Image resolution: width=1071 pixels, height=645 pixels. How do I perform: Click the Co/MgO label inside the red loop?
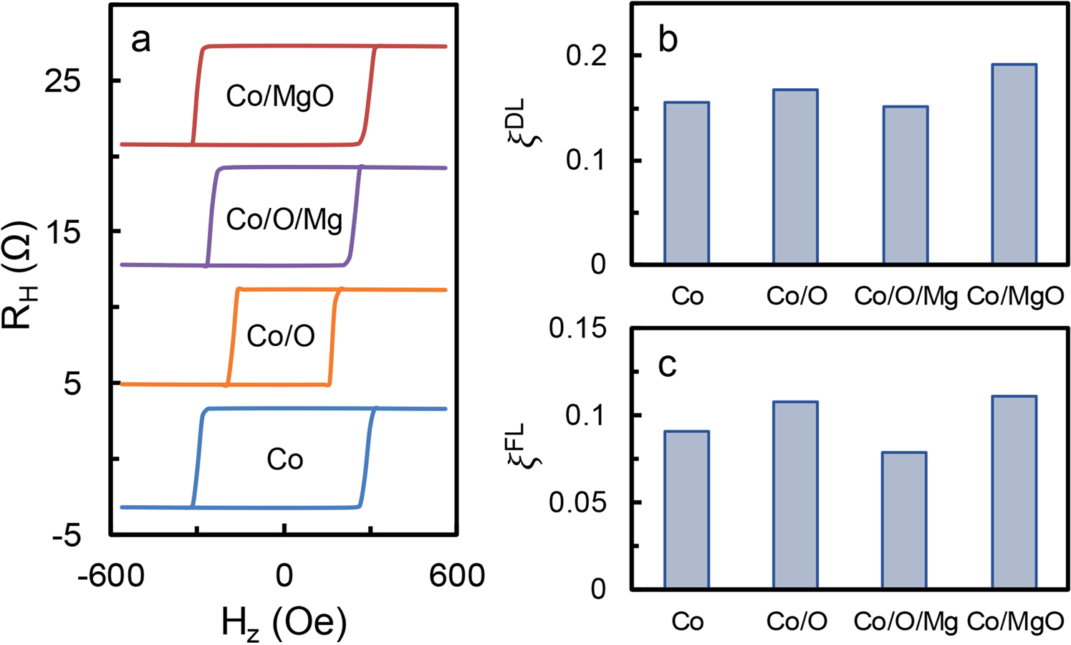[x=280, y=96]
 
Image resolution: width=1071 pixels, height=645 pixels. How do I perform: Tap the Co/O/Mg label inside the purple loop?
[x=284, y=219]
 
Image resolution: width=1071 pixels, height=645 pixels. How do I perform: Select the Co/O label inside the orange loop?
[x=281, y=335]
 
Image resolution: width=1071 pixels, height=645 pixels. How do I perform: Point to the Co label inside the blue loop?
[x=285, y=459]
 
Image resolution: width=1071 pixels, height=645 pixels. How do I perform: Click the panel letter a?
[x=140, y=41]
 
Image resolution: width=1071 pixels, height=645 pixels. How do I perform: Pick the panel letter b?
[x=667, y=41]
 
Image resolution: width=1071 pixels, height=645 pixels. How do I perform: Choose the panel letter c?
[x=667, y=365]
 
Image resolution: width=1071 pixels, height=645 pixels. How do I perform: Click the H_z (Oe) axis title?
[x=284, y=622]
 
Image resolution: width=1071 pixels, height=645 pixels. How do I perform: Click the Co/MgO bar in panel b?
[x=1014, y=164]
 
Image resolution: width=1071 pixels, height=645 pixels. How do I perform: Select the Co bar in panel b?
[x=686, y=183]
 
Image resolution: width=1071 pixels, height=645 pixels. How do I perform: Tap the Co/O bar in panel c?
[x=795, y=495]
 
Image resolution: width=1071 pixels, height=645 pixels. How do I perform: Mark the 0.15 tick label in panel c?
[x=577, y=329]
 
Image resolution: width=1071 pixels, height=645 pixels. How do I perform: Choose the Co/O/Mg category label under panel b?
[x=906, y=297]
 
